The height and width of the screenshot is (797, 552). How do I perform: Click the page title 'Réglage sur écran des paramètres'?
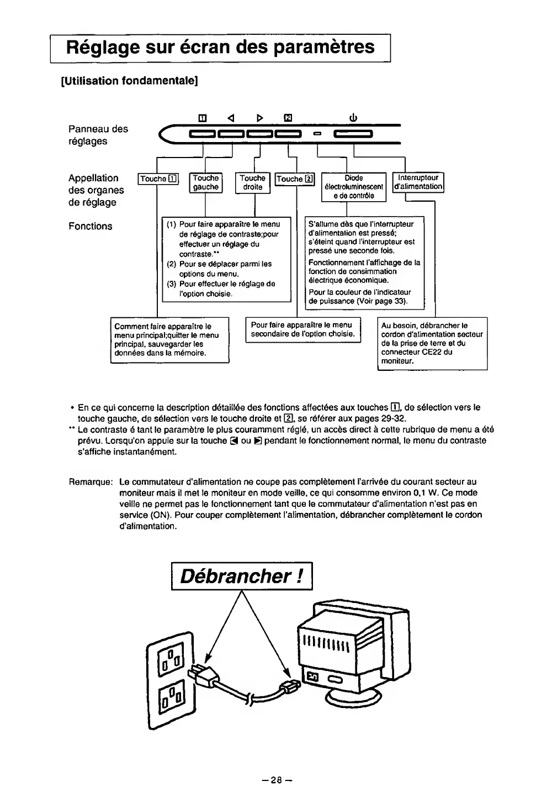(220, 47)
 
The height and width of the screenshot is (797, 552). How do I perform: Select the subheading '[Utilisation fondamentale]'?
(129, 81)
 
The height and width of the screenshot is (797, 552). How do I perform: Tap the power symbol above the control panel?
(353, 118)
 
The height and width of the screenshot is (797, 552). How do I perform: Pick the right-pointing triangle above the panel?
(260, 118)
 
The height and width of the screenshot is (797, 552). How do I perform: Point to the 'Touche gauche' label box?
(205, 182)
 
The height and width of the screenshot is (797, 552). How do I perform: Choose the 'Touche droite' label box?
(252, 182)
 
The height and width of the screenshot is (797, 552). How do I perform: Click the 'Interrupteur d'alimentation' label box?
(418, 182)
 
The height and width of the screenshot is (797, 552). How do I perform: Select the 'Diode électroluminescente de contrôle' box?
(353, 187)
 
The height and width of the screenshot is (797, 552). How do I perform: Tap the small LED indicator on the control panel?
(317, 134)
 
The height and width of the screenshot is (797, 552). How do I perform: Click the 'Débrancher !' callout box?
(242, 576)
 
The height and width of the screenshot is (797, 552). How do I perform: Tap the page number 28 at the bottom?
(276, 780)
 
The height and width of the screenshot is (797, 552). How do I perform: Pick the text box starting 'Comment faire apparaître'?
(170, 340)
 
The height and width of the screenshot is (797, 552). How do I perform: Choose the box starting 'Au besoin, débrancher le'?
(432, 343)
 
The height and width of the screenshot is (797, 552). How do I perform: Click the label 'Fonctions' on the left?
(90, 226)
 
